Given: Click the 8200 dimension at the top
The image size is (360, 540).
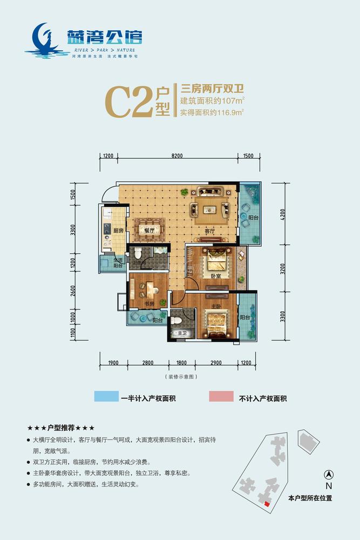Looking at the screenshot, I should pyautogui.click(x=178, y=156).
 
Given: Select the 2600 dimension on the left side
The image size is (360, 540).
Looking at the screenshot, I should pyautogui.click(x=73, y=291).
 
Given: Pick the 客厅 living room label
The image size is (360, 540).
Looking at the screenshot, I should pyautogui.click(x=210, y=231).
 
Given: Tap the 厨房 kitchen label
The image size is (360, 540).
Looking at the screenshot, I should pyautogui.click(x=118, y=231).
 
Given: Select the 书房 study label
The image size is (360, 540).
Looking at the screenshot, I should pyautogui.click(x=150, y=304).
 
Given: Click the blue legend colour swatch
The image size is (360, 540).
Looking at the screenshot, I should pyautogui.click(x=110, y=397).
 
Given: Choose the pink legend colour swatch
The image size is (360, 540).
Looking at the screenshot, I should pyautogui.click(x=221, y=397).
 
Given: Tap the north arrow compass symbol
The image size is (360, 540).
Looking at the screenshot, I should pyautogui.click(x=328, y=475).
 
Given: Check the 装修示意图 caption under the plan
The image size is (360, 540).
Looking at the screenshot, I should pyautogui.click(x=179, y=376).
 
